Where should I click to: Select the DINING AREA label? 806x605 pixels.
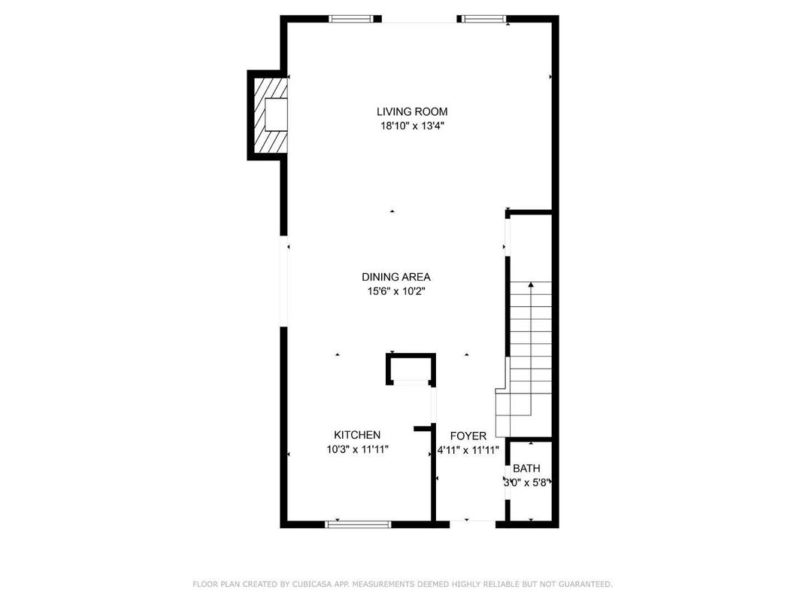pos(395,277)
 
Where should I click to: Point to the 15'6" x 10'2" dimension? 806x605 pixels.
pos(395,291)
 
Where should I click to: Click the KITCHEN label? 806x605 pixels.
pos(357,435)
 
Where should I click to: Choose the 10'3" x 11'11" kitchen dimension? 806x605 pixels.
pos(357,449)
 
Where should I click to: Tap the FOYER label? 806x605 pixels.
pos(468,436)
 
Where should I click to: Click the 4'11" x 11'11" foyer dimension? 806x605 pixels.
pos(468,450)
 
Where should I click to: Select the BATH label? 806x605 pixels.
pos(526,468)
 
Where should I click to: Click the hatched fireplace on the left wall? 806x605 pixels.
pos(268,114)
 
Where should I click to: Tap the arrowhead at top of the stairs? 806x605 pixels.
pos(531,284)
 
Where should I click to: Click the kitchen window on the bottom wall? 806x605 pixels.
pos(358,524)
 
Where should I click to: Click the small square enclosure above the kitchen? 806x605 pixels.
pos(411,369)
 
